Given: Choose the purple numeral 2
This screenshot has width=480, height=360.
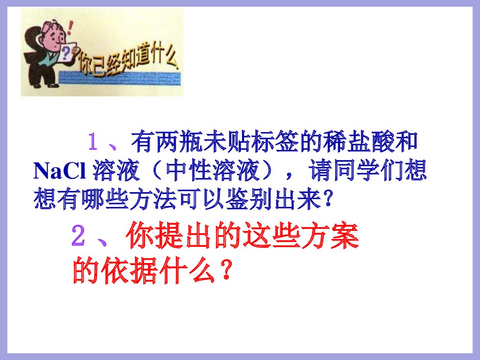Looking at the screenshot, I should [78, 236].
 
